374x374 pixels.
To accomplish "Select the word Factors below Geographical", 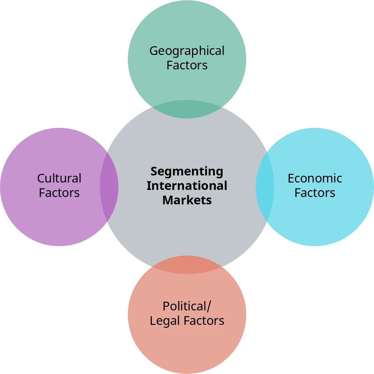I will pyautogui.click(x=187, y=65).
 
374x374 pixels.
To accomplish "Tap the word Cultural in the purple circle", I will pyautogui.click(x=59, y=178).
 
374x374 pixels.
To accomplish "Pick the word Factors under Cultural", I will pyautogui.click(x=59, y=193).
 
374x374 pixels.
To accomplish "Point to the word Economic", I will pyautogui.click(x=315, y=178).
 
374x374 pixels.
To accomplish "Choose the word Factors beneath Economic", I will pyautogui.click(x=315, y=193).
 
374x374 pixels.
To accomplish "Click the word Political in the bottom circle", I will pyautogui.click(x=184, y=307).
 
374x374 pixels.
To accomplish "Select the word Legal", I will pyautogui.click(x=160, y=321).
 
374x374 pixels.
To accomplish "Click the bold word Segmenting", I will pyautogui.click(x=187, y=172).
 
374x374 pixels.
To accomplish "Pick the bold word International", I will pyautogui.click(x=187, y=186).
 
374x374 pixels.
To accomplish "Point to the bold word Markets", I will pyautogui.click(x=187, y=200).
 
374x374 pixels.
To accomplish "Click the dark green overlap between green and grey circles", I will pyautogui.click(x=187, y=109).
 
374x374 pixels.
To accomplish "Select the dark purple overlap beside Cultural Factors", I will pyautogui.click(x=109, y=187).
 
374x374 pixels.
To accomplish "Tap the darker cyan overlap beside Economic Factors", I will pyautogui.click(x=265, y=187).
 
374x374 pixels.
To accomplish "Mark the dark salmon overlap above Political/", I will pyautogui.click(x=187, y=265).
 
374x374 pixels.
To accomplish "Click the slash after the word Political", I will pyautogui.click(x=209, y=307).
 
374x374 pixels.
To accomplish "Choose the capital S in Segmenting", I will pyautogui.click(x=154, y=171).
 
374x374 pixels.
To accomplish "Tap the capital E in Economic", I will pyautogui.click(x=291, y=178).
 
